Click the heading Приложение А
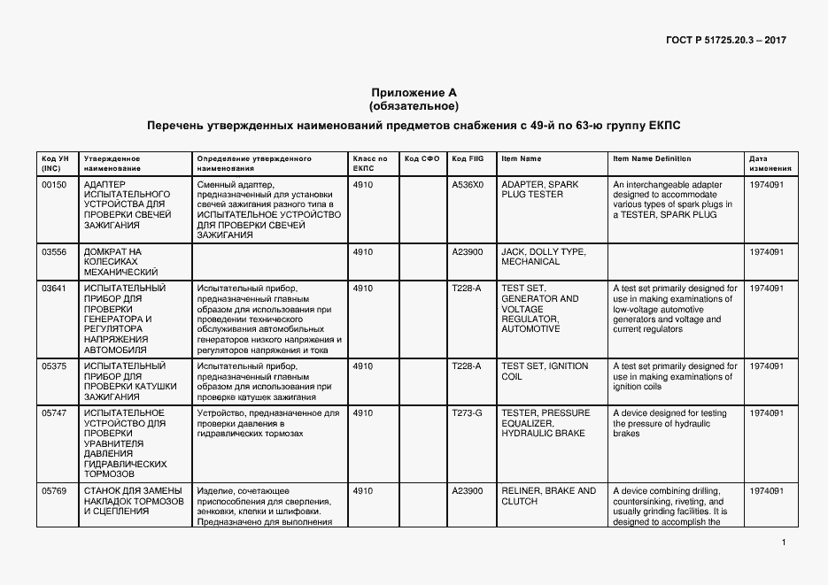(414, 92)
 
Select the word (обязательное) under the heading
(414, 106)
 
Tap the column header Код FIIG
(467, 158)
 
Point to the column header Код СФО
(422, 158)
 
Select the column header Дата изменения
(763, 163)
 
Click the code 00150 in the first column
(54, 185)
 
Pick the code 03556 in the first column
(54, 252)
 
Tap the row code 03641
(54, 289)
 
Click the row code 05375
(54, 366)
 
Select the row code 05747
(54, 413)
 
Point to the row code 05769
(54, 491)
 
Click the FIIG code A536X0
(468, 185)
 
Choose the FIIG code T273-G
(467, 413)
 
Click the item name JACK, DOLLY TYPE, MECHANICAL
(543, 257)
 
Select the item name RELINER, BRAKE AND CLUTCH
(548, 496)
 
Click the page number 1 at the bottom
(785, 543)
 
